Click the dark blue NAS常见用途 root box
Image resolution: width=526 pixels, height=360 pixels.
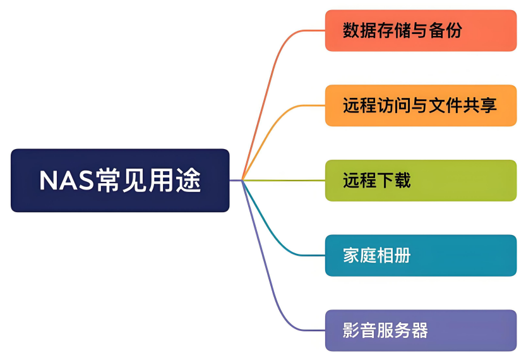120,181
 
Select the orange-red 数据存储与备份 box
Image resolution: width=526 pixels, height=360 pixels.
421,30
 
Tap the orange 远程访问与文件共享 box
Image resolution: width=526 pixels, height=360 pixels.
421,105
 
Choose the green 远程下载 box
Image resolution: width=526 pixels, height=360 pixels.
421,181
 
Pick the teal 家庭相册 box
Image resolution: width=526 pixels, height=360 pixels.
421,256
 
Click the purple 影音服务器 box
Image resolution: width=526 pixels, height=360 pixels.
421,330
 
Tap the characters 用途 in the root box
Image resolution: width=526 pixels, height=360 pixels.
177,181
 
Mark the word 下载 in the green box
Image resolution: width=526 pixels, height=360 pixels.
394,181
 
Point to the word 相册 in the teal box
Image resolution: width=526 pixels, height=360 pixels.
394,256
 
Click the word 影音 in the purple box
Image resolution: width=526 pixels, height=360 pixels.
360,330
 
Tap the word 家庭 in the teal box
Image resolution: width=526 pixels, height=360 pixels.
360,256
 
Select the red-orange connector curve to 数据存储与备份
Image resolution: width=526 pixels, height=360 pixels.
273,69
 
